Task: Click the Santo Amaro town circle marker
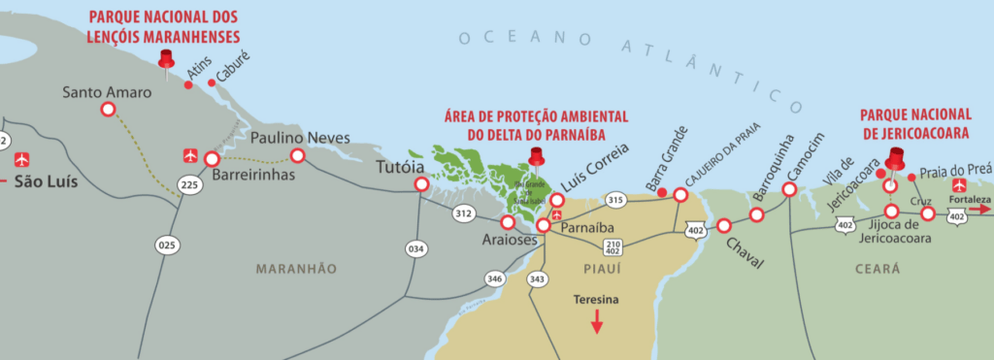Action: point(107,110)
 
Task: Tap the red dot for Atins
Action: point(188,85)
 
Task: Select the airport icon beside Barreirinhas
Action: point(189,155)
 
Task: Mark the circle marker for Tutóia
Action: point(421,183)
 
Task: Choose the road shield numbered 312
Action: point(463,213)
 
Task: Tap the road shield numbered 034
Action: point(416,249)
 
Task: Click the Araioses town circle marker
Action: point(508,222)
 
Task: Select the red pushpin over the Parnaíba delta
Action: point(535,158)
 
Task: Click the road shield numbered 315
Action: point(613,200)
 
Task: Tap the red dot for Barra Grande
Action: point(662,193)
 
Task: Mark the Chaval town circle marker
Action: point(723,226)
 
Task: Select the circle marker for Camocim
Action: point(789,189)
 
